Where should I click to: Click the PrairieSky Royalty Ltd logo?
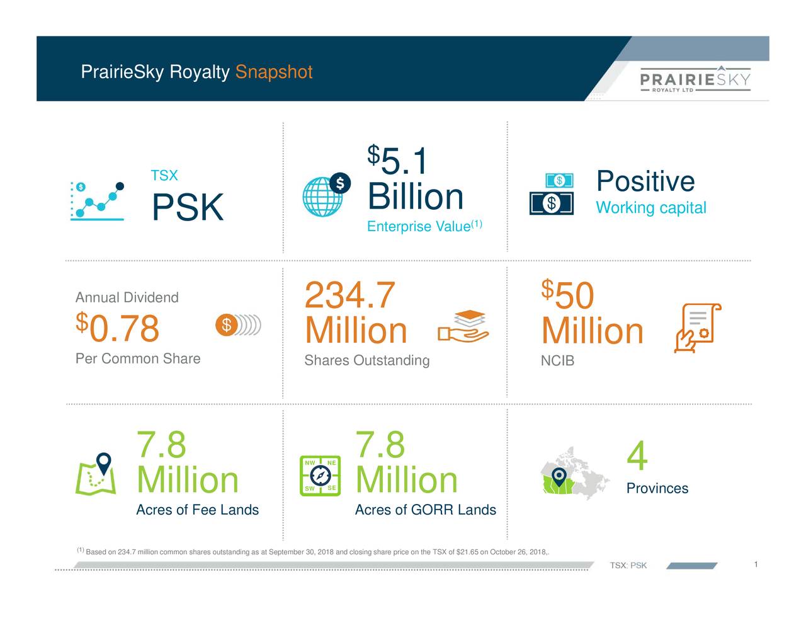point(695,79)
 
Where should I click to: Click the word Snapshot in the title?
point(273,72)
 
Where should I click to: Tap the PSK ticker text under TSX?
point(187,207)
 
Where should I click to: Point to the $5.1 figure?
point(398,161)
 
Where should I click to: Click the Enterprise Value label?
point(419,227)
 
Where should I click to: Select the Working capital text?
point(650,208)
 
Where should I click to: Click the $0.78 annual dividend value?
point(118,328)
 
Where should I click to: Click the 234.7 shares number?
point(349,295)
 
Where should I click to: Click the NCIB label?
point(557,361)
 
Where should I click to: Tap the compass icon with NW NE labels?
point(320,475)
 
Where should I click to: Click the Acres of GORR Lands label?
point(425,510)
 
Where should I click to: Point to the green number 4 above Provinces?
point(637,456)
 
